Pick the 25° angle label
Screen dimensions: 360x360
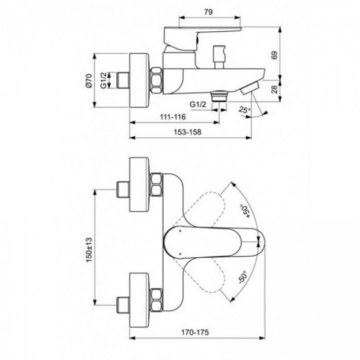[x=244, y=110]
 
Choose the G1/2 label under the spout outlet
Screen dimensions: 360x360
[x=199, y=104]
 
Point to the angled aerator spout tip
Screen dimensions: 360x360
[x=250, y=88]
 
